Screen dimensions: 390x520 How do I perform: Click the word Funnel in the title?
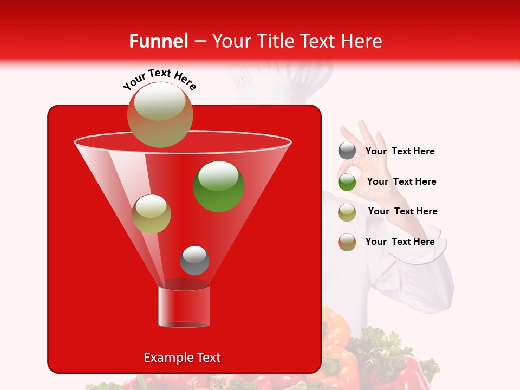(158, 41)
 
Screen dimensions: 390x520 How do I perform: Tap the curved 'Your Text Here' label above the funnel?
(159, 80)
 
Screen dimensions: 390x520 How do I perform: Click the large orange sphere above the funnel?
(160, 114)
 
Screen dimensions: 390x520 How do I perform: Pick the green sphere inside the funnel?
(219, 186)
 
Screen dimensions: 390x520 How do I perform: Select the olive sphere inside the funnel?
(152, 214)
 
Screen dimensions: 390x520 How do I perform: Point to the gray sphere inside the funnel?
(194, 260)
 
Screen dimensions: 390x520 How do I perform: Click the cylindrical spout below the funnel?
(184, 307)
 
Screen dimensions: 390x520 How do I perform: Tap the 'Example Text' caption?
(183, 357)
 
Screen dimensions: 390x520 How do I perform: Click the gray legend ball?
(347, 151)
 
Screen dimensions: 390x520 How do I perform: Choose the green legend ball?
(347, 182)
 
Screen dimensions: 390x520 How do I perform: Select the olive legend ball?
(347, 212)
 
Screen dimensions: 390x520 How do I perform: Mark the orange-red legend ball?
(347, 242)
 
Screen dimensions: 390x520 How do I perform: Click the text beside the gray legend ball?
(400, 151)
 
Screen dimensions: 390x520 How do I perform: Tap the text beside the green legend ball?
(402, 181)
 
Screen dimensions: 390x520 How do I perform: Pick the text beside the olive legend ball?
(403, 211)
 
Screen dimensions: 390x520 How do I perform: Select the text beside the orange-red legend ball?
(400, 242)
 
